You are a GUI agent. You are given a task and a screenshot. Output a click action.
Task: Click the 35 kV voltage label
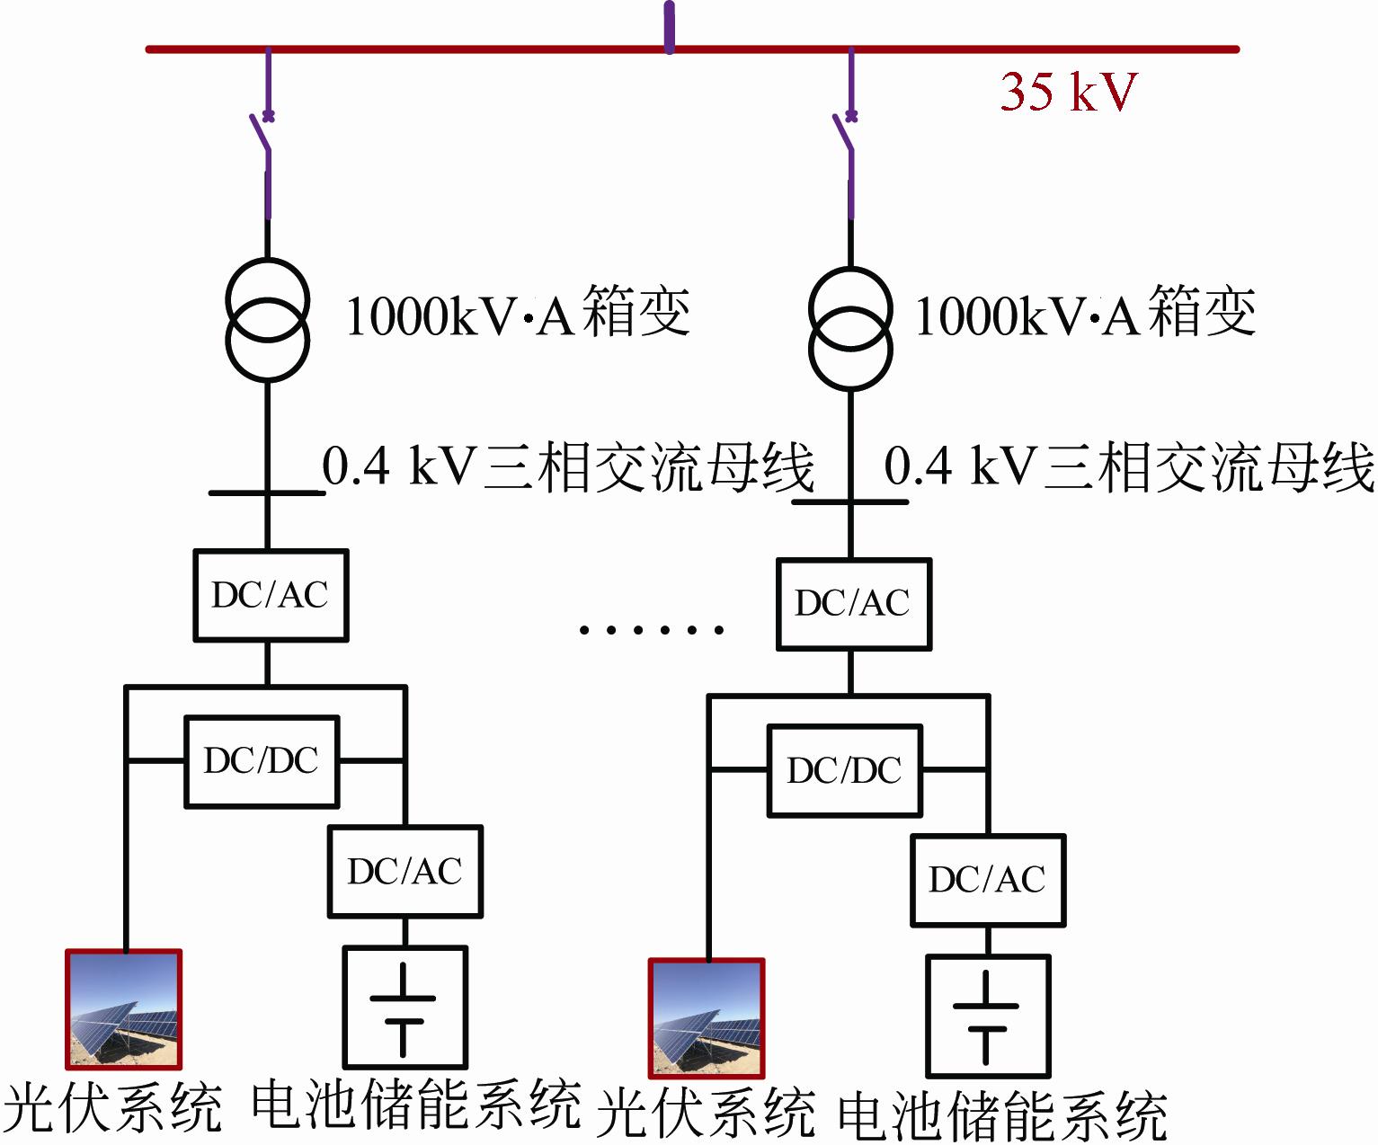pyautogui.click(x=1068, y=91)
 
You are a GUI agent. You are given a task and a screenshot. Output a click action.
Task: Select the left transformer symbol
pyautogui.click(x=267, y=320)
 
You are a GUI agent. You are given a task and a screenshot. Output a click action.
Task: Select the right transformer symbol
pyautogui.click(x=850, y=328)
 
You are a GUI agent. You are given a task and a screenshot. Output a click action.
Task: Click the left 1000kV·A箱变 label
pyautogui.click(x=517, y=314)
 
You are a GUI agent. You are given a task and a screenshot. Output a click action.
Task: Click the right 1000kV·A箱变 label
pyautogui.click(x=1084, y=314)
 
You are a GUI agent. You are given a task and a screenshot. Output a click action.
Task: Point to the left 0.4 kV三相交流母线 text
pyautogui.click(x=568, y=466)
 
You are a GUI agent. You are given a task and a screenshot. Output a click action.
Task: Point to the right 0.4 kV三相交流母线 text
pyautogui.click(x=1129, y=466)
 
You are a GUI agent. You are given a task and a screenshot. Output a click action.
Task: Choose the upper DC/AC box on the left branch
pyautogui.click(x=271, y=595)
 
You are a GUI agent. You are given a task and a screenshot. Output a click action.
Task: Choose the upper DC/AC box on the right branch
pyautogui.click(x=853, y=603)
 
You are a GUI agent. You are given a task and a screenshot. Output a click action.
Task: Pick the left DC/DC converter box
pyautogui.click(x=262, y=761)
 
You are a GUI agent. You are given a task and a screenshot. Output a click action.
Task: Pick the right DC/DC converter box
pyautogui.click(x=844, y=770)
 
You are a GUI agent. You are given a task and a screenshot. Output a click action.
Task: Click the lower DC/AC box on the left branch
pyautogui.click(x=405, y=871)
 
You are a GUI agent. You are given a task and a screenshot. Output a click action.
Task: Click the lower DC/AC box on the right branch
pyautogui.click(x=987, y=880)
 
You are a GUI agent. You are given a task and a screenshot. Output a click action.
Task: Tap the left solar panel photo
pyautogui.click(x=124, y=1008)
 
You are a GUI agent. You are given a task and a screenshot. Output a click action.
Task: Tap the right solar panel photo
pyautogui.click(x=707, y=1017)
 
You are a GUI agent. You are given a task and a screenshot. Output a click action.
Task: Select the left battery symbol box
pyautogui.click(x=405, y=1007)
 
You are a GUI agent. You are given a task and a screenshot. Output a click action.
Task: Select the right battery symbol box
pyautogui.click(x=987, y=1016)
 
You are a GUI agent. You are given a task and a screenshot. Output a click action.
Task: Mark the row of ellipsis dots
pyautogui.click(x=652, y=630)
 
